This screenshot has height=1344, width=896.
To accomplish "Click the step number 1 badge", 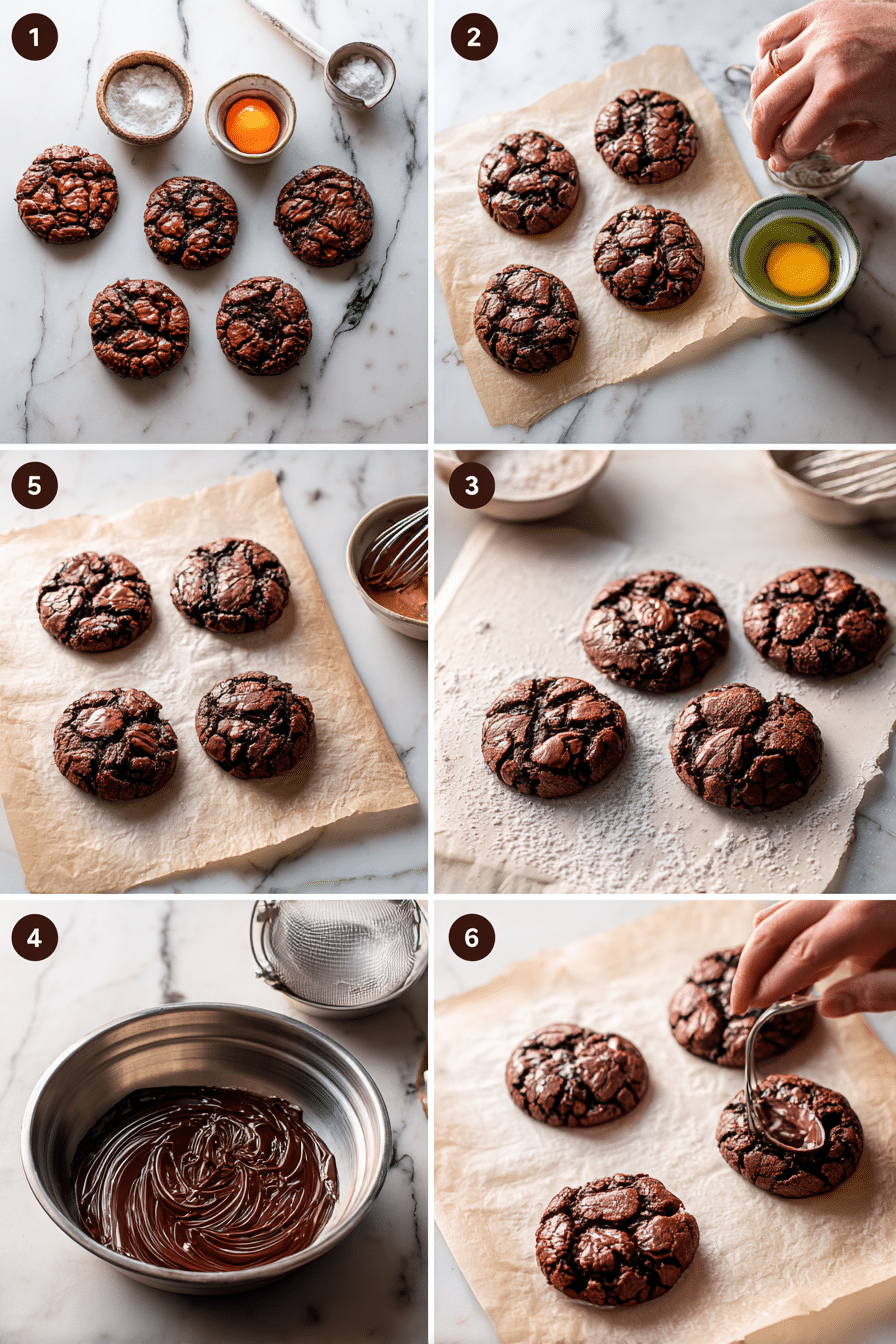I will point(34,37).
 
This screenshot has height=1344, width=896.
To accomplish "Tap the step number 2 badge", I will point(474,37).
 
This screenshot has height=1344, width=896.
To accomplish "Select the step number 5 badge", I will point(34,486).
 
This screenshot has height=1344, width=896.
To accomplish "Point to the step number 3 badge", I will point(472,486).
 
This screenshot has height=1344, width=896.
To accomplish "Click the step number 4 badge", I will point(34,937).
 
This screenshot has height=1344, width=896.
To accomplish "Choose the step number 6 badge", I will point(472,937).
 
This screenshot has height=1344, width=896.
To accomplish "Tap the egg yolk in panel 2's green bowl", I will point(797,268).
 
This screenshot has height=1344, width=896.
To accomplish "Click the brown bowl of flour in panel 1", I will point(144,98).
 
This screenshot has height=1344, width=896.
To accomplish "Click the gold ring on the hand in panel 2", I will point(776,62).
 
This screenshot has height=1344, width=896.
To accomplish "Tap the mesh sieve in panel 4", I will point(341,951).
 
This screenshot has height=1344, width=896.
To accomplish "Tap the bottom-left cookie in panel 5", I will point(115,743).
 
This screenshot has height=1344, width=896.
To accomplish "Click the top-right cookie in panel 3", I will point(815,620).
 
